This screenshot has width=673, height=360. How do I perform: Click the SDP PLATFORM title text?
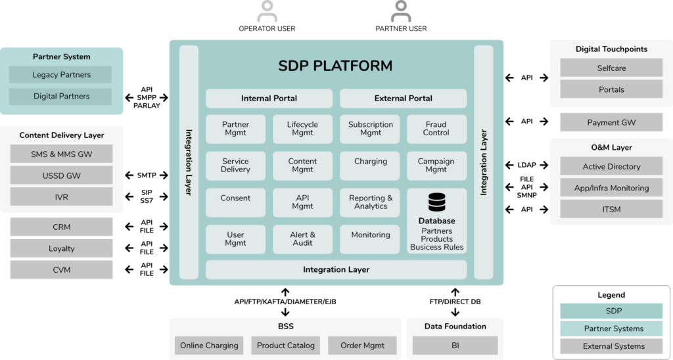(335, 66)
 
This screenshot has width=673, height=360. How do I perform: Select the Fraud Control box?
(436, 129)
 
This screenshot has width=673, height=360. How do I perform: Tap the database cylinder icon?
(436, 202)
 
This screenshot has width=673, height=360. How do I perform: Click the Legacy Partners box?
(60, 75)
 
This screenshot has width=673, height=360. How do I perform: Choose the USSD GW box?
(61, 175)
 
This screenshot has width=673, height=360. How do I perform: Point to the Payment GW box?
(611, 122)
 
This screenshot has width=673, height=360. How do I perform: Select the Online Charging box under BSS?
(209, 346)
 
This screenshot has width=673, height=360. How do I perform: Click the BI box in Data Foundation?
(455, 346)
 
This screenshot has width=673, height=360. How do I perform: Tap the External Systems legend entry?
(611, 346)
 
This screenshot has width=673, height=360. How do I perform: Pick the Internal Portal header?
(269, 99)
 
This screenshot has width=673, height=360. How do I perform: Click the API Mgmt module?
(302, 202)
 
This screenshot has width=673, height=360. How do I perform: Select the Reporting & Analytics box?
(371, 202)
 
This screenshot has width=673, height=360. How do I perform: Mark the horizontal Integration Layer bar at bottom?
(336, 270)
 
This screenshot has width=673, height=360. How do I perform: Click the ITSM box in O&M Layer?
(611, 210)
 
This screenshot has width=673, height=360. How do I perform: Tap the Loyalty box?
(61, 248)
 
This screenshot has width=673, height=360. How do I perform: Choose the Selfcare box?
(611, 68)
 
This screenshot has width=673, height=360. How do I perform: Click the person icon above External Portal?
(400, 12)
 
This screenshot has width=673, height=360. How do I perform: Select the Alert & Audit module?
(302, 239)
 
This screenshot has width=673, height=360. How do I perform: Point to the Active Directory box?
(611, 167)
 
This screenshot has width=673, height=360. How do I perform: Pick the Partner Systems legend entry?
(611, 328)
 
